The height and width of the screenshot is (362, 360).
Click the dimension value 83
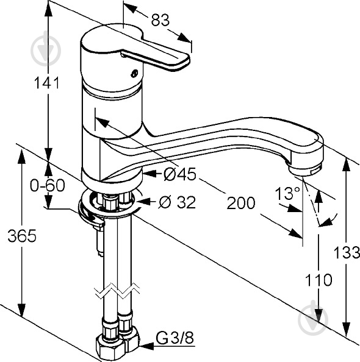(160, 20)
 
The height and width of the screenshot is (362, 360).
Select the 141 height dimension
(47, 83)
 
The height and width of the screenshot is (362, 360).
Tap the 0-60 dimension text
(48, 185)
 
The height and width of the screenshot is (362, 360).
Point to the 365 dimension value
(22, 235)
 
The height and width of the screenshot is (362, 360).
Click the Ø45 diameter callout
(179, 174)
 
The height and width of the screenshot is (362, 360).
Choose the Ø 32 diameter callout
(177, 202)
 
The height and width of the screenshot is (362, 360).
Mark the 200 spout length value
(241, 203)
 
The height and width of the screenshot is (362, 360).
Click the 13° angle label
(287, 193)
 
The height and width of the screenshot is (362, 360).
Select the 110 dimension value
(319, 280)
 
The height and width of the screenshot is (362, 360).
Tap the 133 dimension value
(347, 252)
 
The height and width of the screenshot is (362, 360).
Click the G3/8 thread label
(175, 338)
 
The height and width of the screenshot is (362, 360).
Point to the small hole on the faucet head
(134, 73)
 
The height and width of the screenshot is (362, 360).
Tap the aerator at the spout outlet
(305, 169)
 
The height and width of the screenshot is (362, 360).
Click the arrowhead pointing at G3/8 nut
(146, 346)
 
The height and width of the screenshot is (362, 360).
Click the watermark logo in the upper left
(46, 51)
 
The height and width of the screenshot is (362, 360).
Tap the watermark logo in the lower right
(313, 319)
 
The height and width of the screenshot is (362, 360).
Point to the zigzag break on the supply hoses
(117, 291)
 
